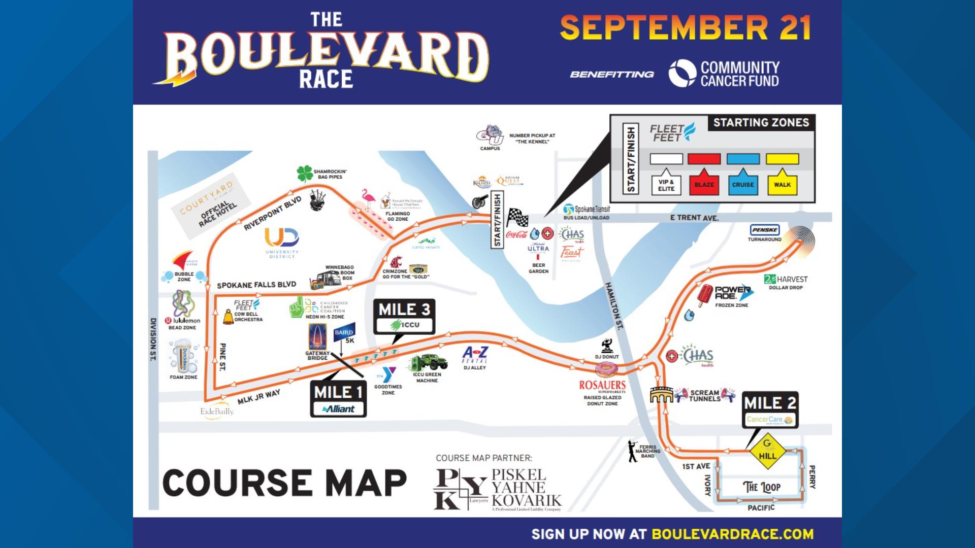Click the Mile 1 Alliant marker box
[x=338, y=399]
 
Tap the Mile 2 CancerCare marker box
[x=770, y=410]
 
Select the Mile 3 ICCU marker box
[x=404, y=316]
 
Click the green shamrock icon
[x=305, y=174]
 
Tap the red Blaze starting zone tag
[x=704, y=184]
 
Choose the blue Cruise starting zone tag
[x=743, y=184]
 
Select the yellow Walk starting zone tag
[x=782, y=184]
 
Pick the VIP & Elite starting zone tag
[x=666, y=185]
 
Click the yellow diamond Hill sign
[x=767, y=450]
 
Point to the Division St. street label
[x=153, y=339]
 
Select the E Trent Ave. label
[x=694, y=218]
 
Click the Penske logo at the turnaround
[x=764, y=230]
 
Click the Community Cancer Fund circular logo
[x=682, y=74]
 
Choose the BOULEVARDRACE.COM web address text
[x=732, y=534]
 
